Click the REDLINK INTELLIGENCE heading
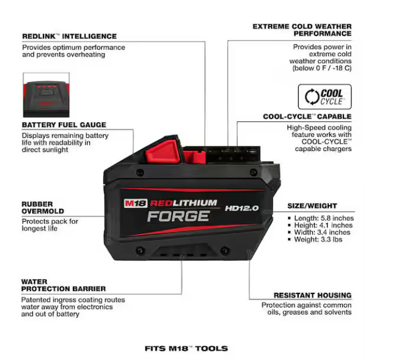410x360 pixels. pos(69,36)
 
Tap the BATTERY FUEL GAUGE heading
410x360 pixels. pos(64,125)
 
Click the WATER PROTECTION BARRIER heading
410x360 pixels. pos(63,285)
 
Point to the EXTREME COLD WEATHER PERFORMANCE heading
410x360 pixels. pos(302,30)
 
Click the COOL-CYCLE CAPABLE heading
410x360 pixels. pos(307,117)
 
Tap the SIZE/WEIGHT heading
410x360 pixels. pos(312,206)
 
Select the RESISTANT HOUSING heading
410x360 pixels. pos(312,295)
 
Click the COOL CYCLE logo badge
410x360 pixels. pos(324,97)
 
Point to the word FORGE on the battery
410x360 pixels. pos(178,216)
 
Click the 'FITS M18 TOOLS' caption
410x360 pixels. pos(186,348)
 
